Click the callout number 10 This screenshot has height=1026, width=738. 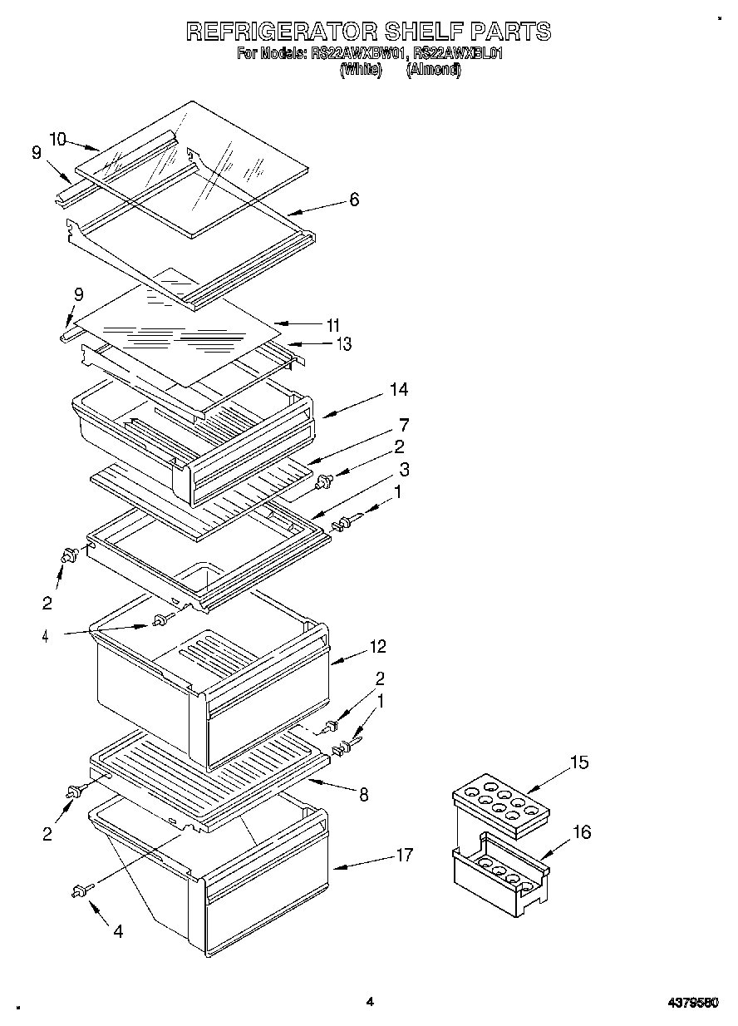(x=57, y=139)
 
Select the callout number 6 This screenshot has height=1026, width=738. (x=354, y=200)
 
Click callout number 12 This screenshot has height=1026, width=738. (x=377, y=646)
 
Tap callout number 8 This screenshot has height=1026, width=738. (x=363, y=794)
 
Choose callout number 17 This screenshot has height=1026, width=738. (x=404, y=854)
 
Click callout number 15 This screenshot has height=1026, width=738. (x=579, y=762)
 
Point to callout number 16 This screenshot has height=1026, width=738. (x=582, y=831)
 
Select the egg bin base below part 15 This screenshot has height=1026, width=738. (x=499, y=878)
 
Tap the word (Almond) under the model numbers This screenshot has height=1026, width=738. (x=433, y=70)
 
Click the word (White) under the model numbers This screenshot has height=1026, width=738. (x=361, y=70)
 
